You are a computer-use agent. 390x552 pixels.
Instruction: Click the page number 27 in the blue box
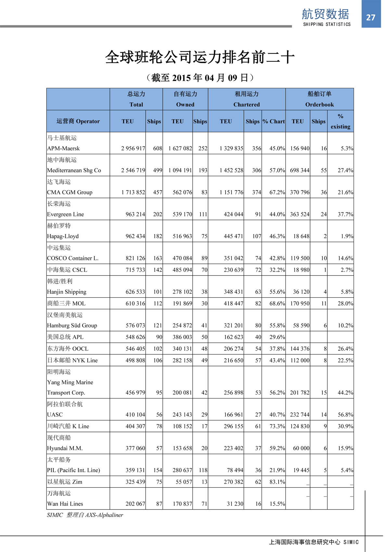370,18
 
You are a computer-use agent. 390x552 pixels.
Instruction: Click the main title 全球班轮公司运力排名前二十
200,57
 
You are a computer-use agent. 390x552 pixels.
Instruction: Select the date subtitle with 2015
200,78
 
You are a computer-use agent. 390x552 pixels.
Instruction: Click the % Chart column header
274,121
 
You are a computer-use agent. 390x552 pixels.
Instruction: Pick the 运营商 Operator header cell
78,121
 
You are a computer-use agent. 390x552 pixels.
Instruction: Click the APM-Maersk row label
63,149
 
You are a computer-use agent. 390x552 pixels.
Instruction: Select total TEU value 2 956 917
133,149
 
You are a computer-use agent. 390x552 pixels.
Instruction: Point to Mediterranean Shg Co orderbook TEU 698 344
300,170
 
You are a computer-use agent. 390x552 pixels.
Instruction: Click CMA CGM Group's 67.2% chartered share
277,192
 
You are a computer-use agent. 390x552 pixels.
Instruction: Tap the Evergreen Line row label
65,215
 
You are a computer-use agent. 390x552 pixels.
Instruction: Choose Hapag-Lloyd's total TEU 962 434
135,236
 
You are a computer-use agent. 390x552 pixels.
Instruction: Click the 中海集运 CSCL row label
67,270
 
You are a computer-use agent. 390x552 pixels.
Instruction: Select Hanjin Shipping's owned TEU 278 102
182,292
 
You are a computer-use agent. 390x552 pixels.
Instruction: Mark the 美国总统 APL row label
65,337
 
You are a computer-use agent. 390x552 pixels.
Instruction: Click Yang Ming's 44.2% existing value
345,393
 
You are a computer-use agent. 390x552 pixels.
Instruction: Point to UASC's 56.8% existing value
345,415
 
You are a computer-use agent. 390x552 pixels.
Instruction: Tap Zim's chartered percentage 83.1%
277,482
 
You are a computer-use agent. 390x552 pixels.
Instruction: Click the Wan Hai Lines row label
65,504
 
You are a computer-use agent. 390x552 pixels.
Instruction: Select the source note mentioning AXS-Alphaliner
85,515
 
